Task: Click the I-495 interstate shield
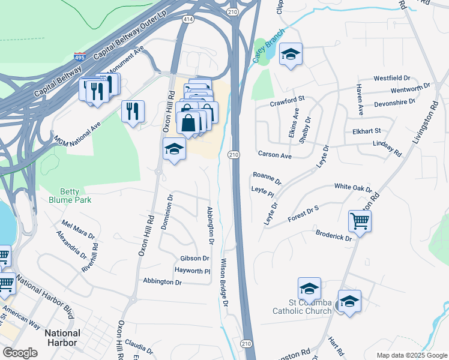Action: pos(79,58)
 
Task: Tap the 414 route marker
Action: pos(188,20)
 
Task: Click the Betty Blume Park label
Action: pos(69,196)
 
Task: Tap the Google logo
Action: pos(20,352)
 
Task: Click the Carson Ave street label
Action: pos(274,155)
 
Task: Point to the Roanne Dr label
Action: pos(267,177)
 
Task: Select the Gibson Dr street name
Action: pos(194,259)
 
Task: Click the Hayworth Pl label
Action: pos(192,271)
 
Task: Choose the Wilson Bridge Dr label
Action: pos(225,283)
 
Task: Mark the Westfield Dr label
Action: pos(391,79)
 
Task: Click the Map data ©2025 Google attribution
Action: pos(411,355)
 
